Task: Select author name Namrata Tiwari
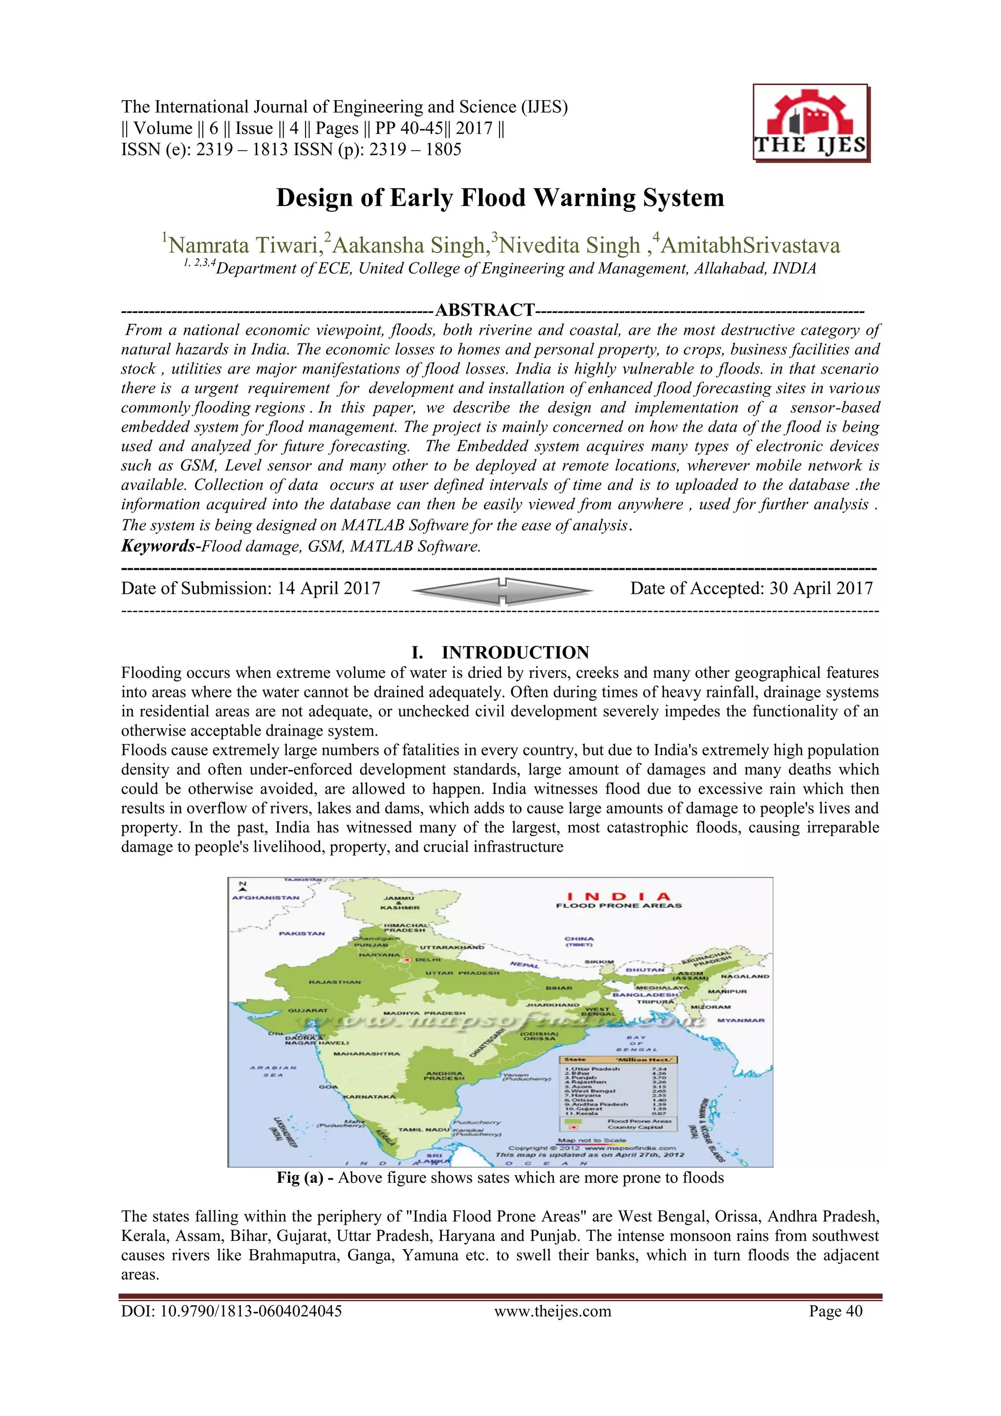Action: click(243, 246)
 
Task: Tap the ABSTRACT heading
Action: click(484, 310)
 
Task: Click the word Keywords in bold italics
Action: click(158, 546)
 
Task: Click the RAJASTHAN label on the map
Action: click(335, 981)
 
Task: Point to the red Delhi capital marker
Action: click(407, 960)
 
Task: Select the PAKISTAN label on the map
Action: click(302, 934)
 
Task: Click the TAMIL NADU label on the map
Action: click(424, 1129)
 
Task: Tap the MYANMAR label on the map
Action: click(740, 1020)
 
